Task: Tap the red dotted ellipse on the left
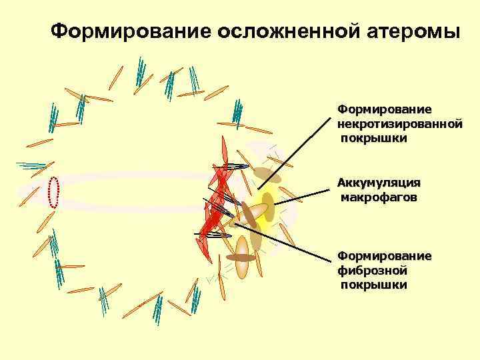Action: click(x=55, y=193)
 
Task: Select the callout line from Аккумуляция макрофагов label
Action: click(x=303, y=197)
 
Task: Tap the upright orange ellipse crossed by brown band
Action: click(x=242, y=258)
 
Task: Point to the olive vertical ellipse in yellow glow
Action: click(x=268, y=207)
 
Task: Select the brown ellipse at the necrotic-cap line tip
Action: click(x=267, y=175)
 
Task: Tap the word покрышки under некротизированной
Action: click(x=374, y=138)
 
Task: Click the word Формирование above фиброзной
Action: click(x=385, y=256)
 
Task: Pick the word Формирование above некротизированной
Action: click(x=385, y=108)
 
